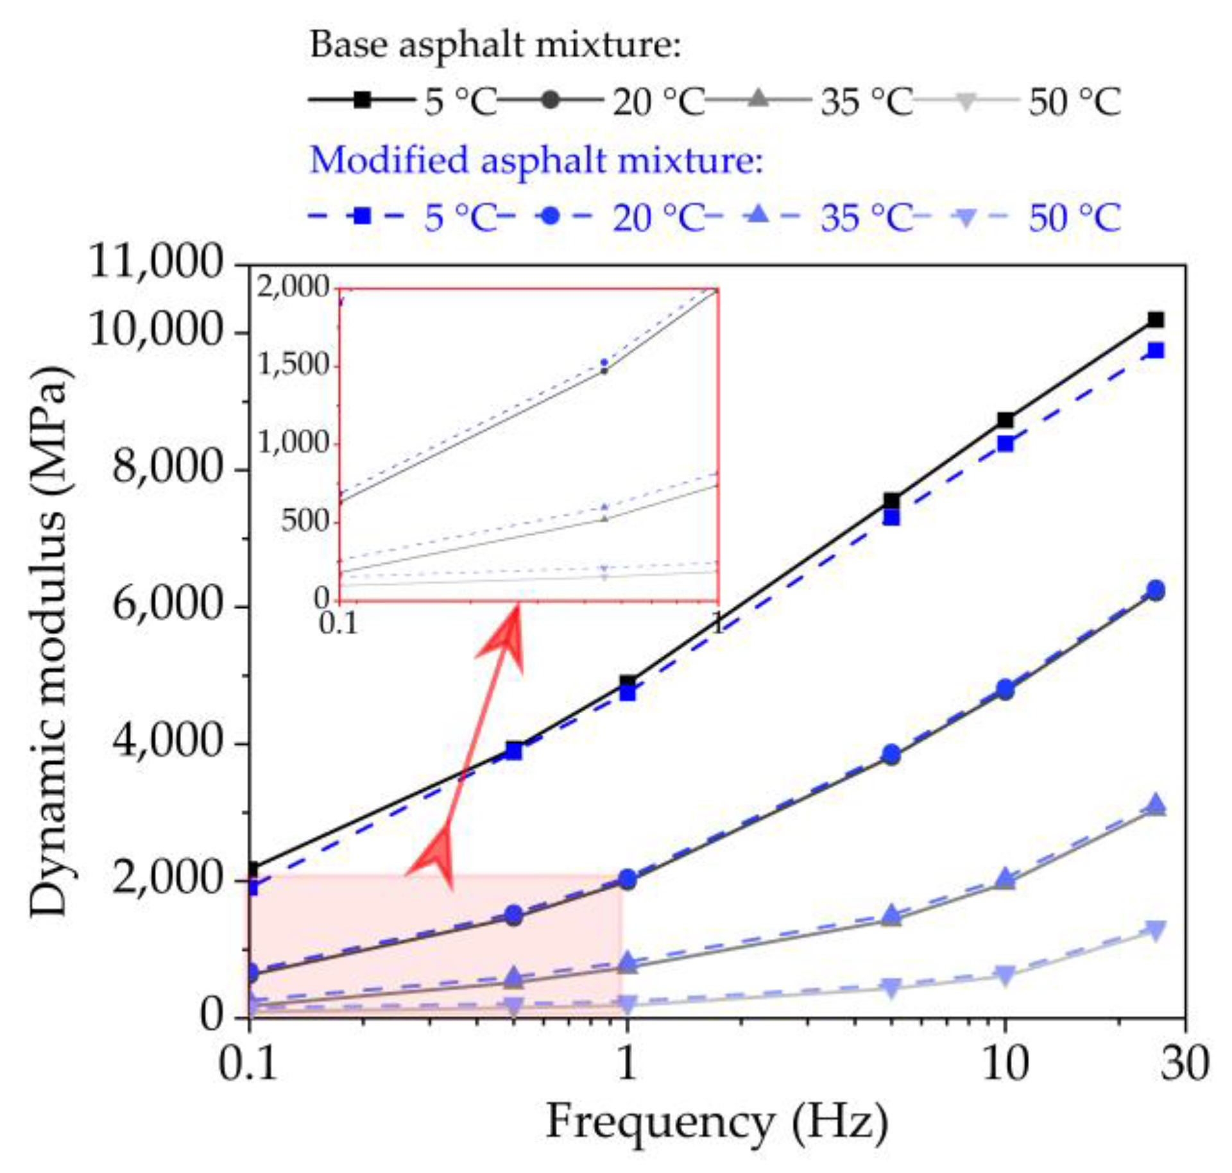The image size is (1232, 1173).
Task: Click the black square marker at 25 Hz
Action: pyautogui.click(x=1155, y=319)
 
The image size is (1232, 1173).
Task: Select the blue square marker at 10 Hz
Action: pyautogui.click(x=1005, y=444)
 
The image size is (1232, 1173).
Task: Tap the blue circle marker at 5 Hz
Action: pyautogui.click(x=891, y=754)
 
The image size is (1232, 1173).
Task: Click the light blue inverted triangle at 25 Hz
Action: pyautogui.click(x=1155, y=930)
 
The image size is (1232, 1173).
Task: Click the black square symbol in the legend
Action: pyautogui.click(x=363, y=99)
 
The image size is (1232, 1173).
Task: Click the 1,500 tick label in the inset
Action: pyautogui.click(x=293, y=366)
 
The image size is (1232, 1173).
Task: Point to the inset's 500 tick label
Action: pyautogui.click(x=305, y=521)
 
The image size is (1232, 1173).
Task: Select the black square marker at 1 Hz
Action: pyautogui.click(x=628, y=682)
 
